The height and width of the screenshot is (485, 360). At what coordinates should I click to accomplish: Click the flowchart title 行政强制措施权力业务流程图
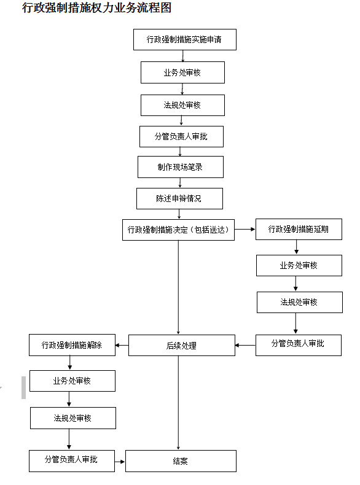(96, 8)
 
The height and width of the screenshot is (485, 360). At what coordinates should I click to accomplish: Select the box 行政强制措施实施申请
(185, 39)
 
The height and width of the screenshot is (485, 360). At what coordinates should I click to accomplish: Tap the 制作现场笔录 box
(181, 167)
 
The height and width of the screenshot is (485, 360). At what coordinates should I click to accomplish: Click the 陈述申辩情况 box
(179, 198)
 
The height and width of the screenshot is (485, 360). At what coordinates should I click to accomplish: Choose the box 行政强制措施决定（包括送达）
(178, 230)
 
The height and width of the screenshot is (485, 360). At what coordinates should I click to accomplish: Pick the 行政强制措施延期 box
(299, 229)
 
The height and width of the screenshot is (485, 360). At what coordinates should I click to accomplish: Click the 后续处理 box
(182, 345)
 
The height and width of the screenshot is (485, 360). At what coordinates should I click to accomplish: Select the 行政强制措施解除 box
(72, 345)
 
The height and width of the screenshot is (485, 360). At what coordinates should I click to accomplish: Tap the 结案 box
(181, 461)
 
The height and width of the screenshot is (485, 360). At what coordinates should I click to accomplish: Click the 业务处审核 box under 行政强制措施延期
(299, 265)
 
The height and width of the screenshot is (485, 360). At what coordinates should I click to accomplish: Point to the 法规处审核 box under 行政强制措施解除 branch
(73, 418)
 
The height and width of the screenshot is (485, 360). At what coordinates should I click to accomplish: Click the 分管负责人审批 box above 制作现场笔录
(181, 136)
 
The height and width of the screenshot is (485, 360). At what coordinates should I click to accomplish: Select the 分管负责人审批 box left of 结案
(72, 461)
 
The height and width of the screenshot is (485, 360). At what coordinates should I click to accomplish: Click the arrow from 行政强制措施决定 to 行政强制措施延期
(245, 229)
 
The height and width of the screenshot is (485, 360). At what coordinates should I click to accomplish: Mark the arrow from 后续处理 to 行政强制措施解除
(122, 345)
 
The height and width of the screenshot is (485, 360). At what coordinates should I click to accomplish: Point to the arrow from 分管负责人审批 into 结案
(120, 462)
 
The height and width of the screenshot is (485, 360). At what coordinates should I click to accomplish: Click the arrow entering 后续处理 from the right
(246, 345)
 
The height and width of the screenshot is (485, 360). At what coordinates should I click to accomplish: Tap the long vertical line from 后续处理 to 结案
(178, 403)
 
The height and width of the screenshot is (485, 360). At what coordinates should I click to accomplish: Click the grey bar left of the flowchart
(23, 387)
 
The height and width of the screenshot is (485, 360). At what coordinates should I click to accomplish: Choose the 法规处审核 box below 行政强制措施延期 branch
(300, 302)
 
